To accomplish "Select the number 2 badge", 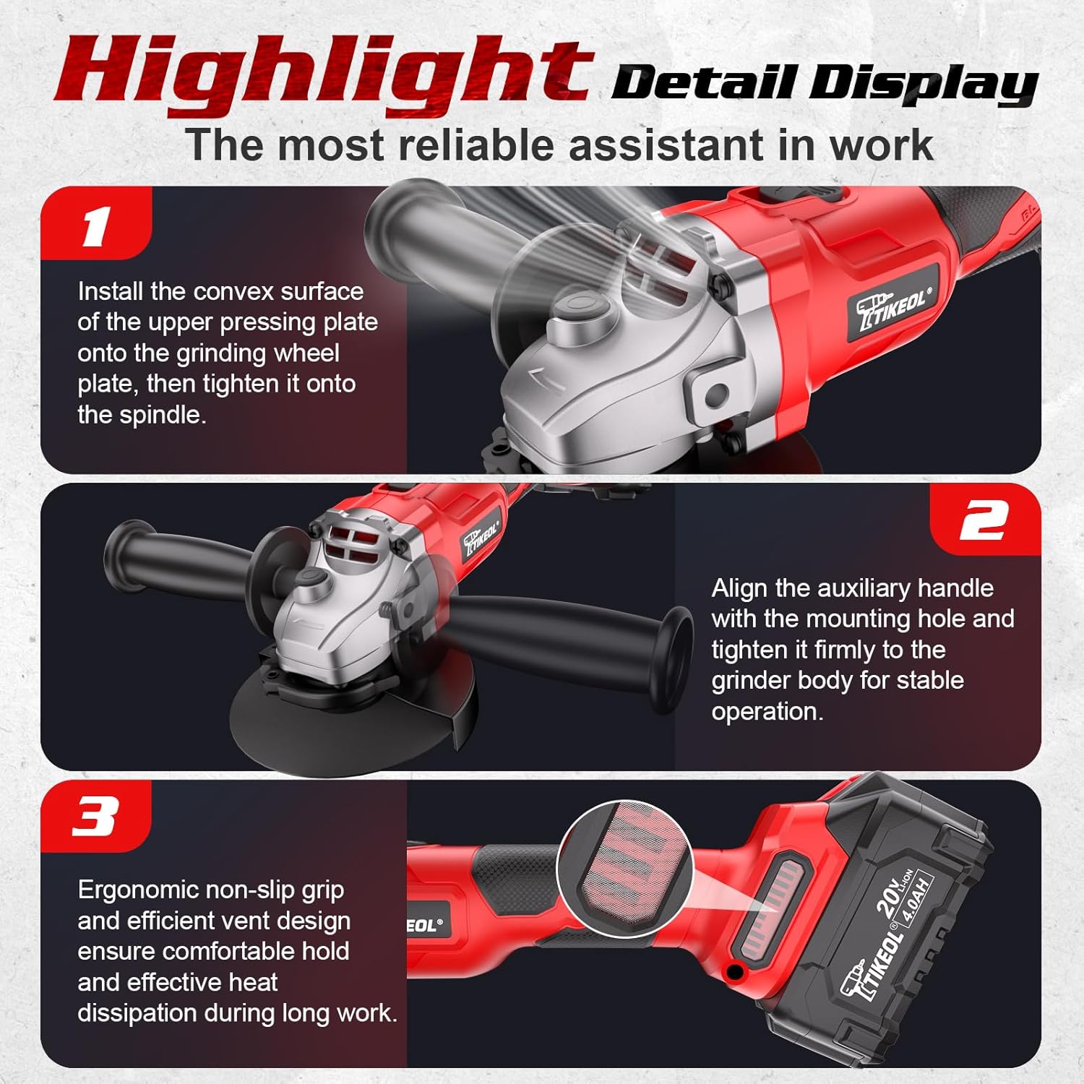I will click(984, 520).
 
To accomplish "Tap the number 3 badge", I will click(95, 817).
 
